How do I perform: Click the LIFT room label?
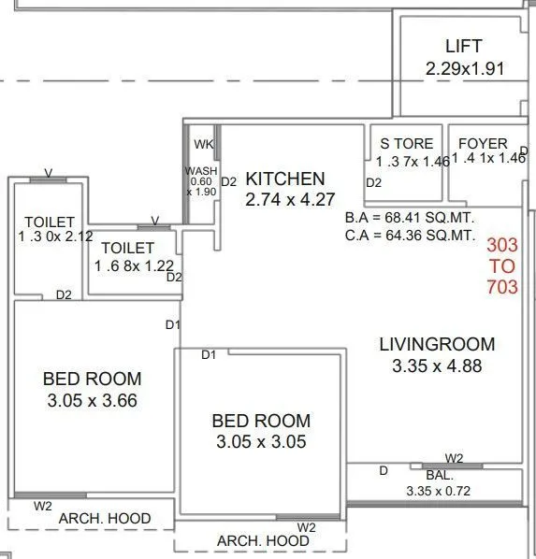(464, 46)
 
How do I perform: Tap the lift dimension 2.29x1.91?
(464, 67)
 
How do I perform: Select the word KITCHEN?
(284, 179)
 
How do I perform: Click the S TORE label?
(406, 144)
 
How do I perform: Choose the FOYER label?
(482, 144)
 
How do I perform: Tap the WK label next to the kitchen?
(203, 144)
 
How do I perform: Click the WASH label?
(201, 171)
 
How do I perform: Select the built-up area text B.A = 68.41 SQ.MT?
(410, 218)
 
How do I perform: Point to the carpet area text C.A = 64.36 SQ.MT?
(410, 235)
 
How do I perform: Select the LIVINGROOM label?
(437, 344)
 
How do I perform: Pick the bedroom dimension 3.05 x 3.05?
(260, 442)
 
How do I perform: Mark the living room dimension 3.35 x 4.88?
(437, 365)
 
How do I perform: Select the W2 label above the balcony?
(454, 458)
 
